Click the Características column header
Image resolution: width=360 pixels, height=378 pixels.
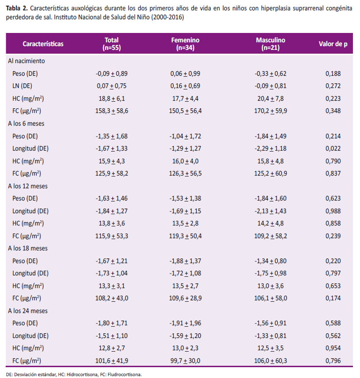tap(43, 44)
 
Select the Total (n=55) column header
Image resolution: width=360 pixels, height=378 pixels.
tap(112, 44)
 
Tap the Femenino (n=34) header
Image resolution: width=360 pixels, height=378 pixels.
tap(185, 44)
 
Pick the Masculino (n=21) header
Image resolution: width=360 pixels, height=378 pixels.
tap(271, 44)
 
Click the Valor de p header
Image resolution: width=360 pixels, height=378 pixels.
tap(333, 44)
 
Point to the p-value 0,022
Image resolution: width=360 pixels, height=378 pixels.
tap(333, 148)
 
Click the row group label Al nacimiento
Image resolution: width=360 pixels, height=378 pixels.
tap(26, 61)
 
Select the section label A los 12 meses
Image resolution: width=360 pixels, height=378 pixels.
tap(28, 186)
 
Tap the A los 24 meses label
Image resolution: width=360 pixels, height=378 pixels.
tap(28, 311)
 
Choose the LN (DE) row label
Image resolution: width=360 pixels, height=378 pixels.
tap(22, 86)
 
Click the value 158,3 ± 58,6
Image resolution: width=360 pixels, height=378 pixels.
tap(112, 111)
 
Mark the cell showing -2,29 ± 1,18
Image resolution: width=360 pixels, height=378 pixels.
tap(271, 148)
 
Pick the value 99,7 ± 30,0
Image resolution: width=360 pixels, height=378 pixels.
tap(185, 361)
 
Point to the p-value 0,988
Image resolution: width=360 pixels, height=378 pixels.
tap(333, 211)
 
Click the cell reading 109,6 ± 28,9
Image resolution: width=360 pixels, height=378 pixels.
tap(185, 298)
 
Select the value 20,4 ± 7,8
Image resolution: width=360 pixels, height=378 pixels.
tap(271, 98)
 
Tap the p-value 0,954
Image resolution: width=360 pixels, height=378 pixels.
tap(333, 348)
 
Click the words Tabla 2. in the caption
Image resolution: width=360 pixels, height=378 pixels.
tap(17, 8)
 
